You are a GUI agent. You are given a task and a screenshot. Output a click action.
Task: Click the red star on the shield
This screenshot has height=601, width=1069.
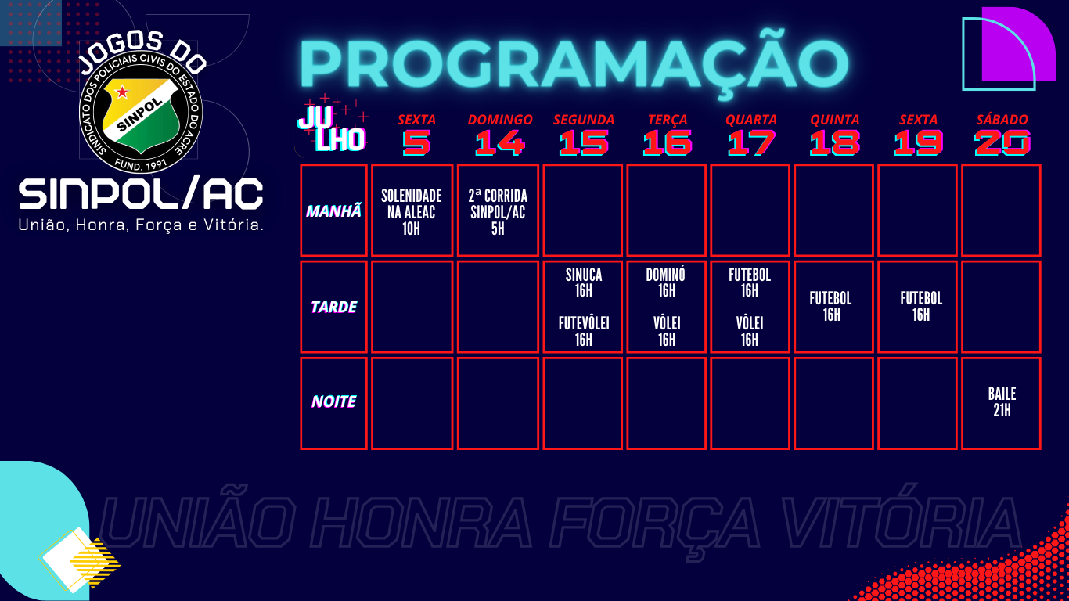pyautogui.click(x=123, y=92)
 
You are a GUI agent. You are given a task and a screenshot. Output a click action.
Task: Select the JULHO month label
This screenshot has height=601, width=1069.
pyautogui.click(x=332, y=128)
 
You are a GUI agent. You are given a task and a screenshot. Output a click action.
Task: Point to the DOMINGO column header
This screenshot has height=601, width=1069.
pyautogui.click(x=499, y=120)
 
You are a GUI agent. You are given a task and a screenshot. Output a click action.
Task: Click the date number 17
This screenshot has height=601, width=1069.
pyautogui.click(x=750, y=142)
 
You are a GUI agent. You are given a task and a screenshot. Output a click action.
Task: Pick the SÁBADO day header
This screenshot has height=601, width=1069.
pyautogui.click(x=1002, y=119)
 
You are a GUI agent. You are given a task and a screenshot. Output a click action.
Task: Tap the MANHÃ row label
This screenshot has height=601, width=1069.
pyautogui.click(x=333, y=211)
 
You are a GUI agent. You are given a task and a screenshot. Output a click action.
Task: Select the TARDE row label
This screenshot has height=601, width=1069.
pyautogui.click(x=333, y=307)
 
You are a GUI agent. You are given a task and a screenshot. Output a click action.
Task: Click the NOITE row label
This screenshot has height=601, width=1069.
pyautogui.click(x=333, y=401)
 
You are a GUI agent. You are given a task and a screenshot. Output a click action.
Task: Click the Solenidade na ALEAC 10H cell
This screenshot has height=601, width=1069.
pyautogui.click(x=412, y=211)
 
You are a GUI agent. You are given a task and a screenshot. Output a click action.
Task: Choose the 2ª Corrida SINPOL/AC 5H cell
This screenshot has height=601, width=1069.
pyautogui.click(x=498, y=211)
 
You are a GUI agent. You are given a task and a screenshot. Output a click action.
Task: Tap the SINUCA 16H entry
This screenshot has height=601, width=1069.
pyautogui.click(x=584, y=283)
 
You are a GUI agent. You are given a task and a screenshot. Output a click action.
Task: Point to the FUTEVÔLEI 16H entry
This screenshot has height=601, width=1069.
pyautogui.click(x=584, y=331)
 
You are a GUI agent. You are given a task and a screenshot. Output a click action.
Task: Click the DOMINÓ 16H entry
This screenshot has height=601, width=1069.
pyautogui.click(x=666, y=283)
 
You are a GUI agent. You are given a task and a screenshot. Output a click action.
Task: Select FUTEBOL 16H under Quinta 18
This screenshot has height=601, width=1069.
pyautogui.click(x=831, y=307)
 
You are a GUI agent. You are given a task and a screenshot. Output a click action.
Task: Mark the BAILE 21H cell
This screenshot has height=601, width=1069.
pyautogui.click(x=1002, y=401)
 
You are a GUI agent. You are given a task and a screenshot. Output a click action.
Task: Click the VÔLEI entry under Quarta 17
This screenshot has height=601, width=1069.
pyautogui.click(x=750, y=331)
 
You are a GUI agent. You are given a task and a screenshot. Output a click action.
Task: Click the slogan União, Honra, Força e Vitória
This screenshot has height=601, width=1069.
pyautogui.click(x=141, y=225)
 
